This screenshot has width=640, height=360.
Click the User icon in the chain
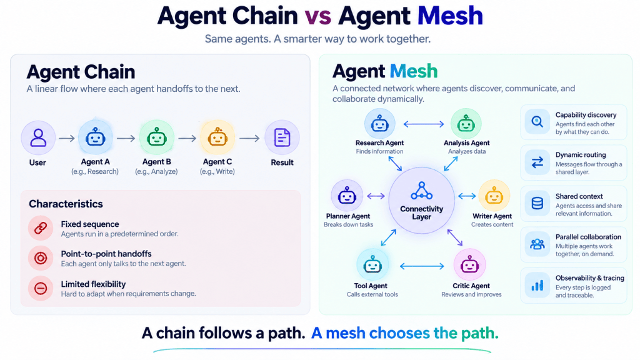coord(38,137)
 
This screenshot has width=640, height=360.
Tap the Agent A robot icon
coord(96,137)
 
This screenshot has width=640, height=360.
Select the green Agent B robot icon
coord(157,137)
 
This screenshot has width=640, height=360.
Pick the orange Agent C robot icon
coord(217,137)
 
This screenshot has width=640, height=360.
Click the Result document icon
coord(282,137)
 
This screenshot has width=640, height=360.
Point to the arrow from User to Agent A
coord(66,139)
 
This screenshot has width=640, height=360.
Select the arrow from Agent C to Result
coord(249,139)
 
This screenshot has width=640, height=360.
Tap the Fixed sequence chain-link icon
coord(41,228)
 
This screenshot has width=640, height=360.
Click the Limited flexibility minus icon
coord(41,289)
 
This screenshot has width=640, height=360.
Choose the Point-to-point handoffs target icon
coord(41,258)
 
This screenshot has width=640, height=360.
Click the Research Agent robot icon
coord(379,123)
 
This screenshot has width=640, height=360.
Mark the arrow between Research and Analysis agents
coord(424,124)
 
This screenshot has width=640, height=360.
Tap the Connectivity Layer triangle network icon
coord(422,191)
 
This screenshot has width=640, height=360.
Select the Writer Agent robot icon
coord(494,196)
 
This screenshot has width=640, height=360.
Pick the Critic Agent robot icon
coord(469,265)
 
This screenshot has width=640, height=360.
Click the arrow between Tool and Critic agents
coord(422,266)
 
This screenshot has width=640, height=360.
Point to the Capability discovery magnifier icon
coord(537,122)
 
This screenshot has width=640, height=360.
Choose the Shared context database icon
coord(537,203)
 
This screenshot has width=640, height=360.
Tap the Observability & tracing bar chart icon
coord(537,285)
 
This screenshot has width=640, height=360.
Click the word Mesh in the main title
coord(450,16)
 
